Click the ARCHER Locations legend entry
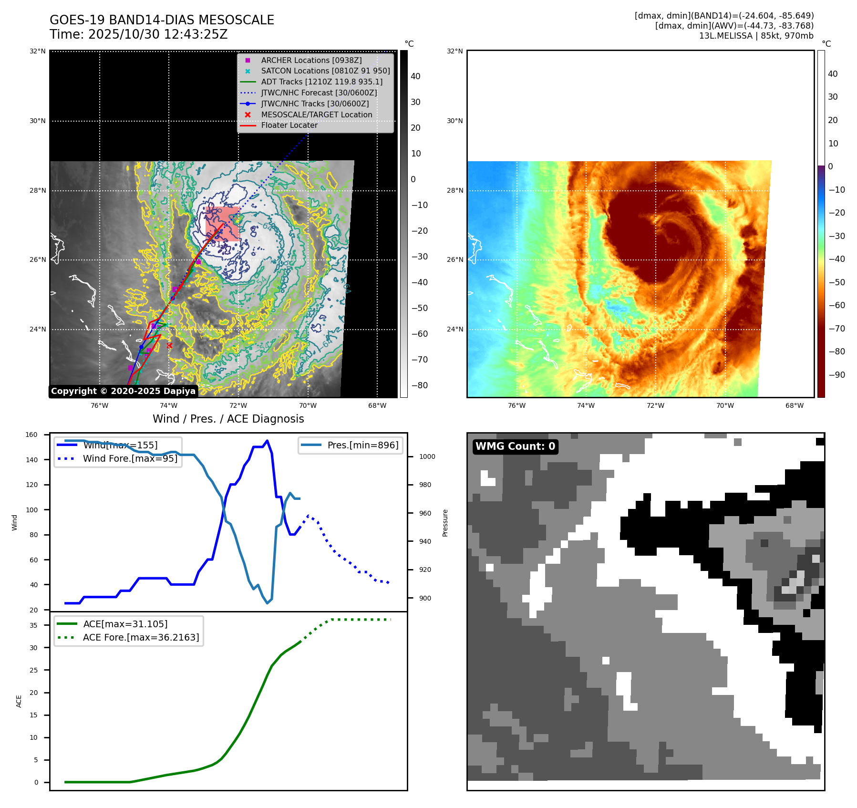click(311, 60)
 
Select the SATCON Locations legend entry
click(325, 71)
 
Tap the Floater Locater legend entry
click(289, 125)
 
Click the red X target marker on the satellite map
click(169, 345)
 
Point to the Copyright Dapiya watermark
click(123, 391)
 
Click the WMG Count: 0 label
click(515, 446)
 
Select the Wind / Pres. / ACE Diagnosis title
click(228, 419)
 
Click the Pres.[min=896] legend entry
click(362, 445)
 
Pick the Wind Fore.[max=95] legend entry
click(130, 458)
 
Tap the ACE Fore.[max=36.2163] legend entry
click(141, 637)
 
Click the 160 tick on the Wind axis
click(31, 435)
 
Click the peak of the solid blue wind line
click(267, 441)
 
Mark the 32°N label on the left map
click(38, 51)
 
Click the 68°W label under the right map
click(794, 405)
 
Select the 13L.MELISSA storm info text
click(756, 36)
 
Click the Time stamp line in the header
click(138, 35)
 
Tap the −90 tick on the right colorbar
click(836, 375)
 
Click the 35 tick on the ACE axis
click(33, 625)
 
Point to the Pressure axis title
click(445, 523)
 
